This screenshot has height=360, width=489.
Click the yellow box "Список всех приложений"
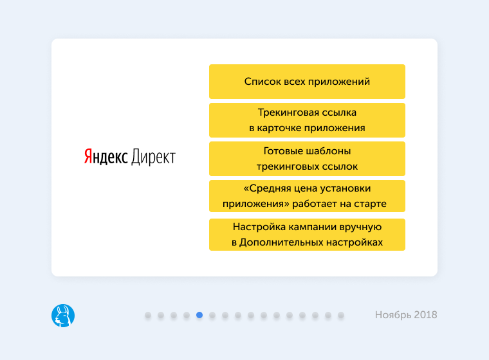pyautogui.click(x=307, y=82)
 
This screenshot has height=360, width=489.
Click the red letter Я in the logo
pyautogui.click(x=88, y=157)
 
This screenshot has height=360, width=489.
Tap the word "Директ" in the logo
pyautogui.click(x=153, y=157)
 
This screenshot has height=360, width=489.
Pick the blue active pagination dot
pyautogui.click(x=199, y=315)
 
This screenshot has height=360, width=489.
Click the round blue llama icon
pyautogui.click(x=63, y=316)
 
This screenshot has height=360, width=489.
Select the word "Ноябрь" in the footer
pyautogui.click(x=392, y=315)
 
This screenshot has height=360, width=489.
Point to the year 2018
pyautogui.click(x=425, y=315)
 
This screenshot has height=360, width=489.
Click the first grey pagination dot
pyautogui.click(x=148, y=315)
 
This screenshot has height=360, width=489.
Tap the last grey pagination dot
pyautogui.click(x=341, y=315)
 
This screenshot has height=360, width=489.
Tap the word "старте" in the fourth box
pyautogui.click(x=371, y=204)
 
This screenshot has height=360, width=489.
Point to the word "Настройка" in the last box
pyautogui.click(x=255, y=227)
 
